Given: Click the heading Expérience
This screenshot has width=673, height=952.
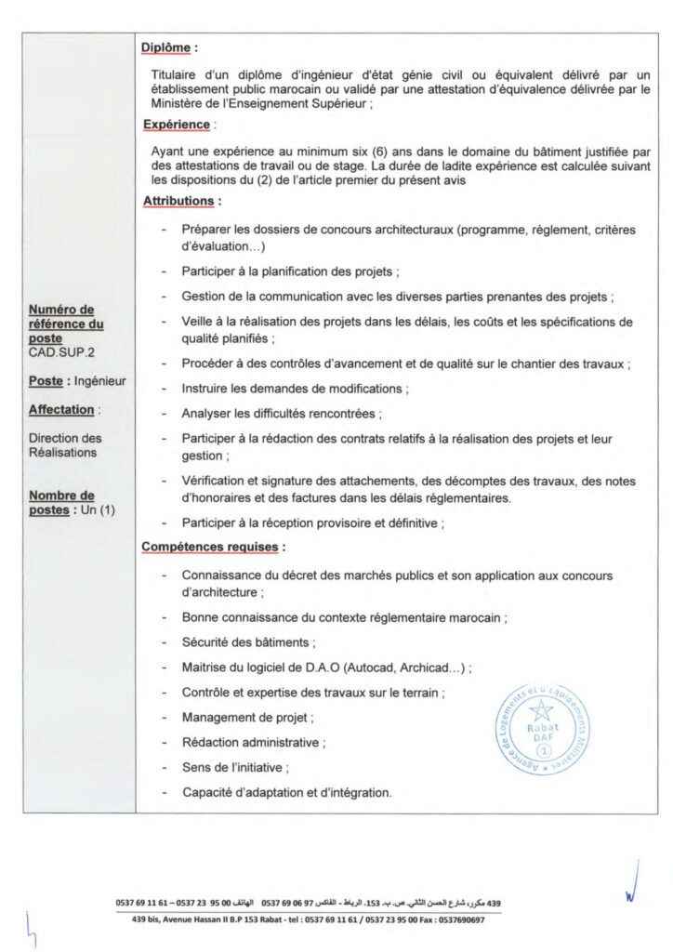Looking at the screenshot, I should (x=177, y=123).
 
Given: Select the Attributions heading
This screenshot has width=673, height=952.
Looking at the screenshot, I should (x=180, y=200).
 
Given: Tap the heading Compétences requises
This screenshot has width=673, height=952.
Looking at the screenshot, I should (x=213, y=547).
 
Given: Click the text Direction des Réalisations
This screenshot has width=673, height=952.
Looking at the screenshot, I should (x=66, y=444).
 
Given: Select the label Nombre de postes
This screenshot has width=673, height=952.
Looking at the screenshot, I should (x=61, y=503).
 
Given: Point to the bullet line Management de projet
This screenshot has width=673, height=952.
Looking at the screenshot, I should (x=247, y=718).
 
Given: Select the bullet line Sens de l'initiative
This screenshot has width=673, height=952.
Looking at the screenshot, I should (x=235, y=768).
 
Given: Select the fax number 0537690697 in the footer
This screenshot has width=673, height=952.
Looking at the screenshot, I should (x=456, y=919).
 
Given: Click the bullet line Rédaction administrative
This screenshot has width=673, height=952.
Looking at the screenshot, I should (x=253, y=743).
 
